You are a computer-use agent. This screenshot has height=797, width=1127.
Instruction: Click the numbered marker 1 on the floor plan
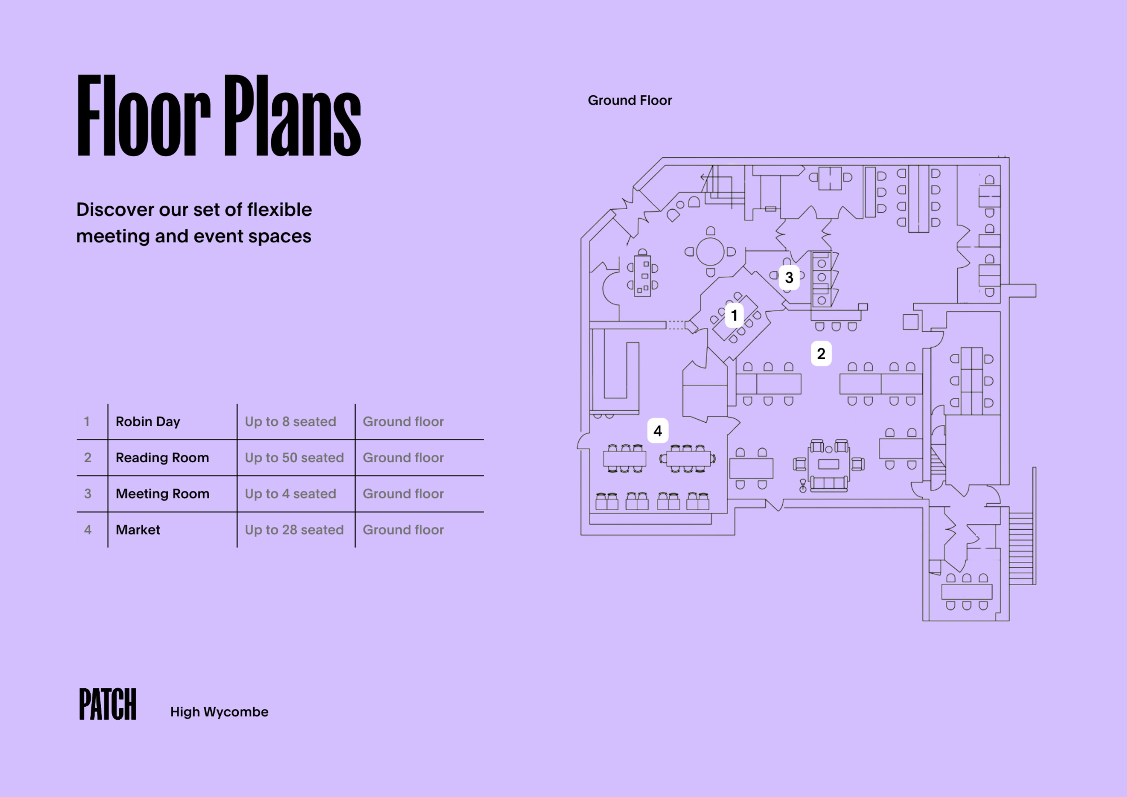734,315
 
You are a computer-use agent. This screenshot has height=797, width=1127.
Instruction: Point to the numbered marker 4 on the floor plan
658,431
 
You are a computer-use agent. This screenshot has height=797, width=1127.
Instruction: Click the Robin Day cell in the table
148,421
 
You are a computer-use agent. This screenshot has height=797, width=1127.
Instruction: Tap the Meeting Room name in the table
163,493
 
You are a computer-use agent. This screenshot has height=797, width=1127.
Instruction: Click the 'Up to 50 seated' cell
294,458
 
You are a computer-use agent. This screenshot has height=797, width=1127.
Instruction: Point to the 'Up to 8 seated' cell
291,421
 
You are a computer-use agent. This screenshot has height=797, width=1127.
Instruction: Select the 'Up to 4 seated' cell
291,493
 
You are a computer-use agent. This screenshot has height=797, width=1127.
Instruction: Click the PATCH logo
107,704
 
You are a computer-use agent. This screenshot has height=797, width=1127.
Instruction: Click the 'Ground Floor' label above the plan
630,100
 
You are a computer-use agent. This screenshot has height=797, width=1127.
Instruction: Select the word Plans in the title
293,116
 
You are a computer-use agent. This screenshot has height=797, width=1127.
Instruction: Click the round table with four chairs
710,251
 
